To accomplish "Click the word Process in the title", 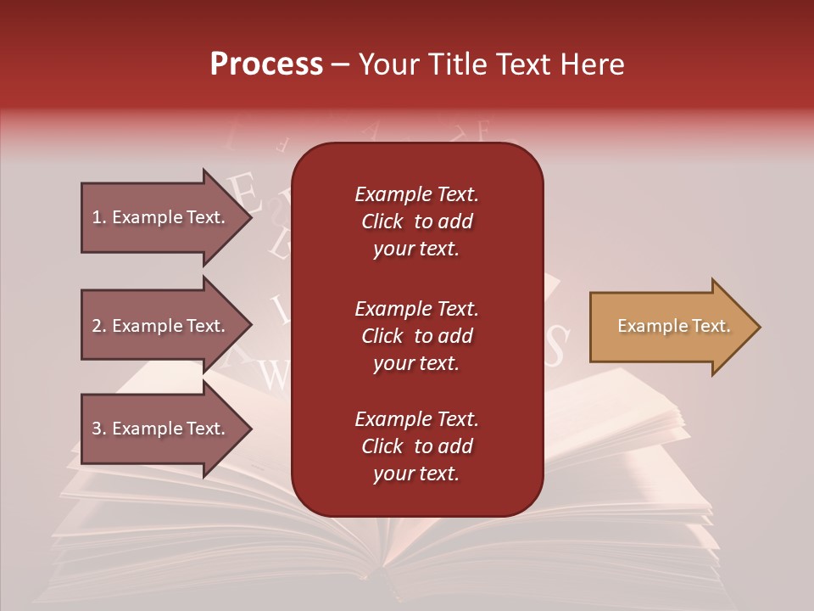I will (266, 64).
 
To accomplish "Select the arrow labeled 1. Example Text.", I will (161, 217).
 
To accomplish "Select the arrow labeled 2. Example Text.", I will (161, 326).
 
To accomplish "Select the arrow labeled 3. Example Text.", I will (161, 429).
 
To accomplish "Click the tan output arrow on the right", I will (670, 327).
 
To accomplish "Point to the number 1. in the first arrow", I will (99, 217).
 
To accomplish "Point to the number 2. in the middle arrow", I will (99, 326).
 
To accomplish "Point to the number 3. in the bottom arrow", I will (99, 429).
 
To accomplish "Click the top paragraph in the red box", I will (416, 221).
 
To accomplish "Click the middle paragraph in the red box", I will (416, 335).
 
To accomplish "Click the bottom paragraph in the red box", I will (416, 446).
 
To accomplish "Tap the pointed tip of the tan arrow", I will (757, 327).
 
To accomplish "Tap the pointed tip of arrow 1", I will (249, 217).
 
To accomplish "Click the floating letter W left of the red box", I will (274, 374).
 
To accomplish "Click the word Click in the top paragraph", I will (382, 221).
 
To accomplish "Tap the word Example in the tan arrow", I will (647, 326).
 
